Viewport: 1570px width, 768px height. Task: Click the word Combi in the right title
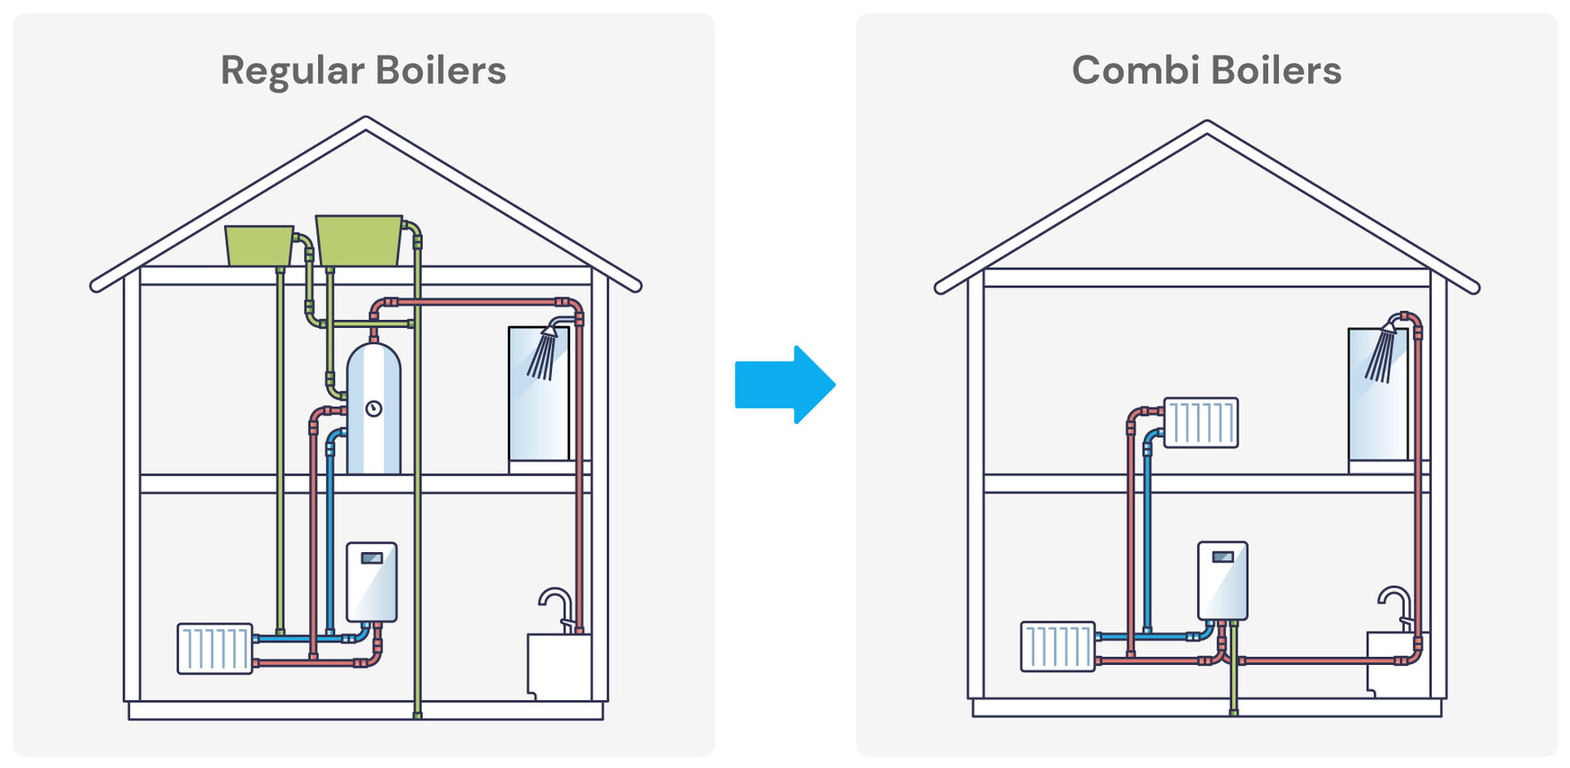[x=1133, y=70]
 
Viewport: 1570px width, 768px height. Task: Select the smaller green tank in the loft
[x=259, y=246]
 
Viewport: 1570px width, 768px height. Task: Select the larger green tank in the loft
[x=359, y=240]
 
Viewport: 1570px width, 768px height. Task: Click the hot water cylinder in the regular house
[x=373, y=411]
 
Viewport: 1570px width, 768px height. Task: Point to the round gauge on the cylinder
[x=373, y=409]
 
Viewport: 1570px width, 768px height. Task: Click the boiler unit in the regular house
[x=371, y=581]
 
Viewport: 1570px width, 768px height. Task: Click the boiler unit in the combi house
[x=1222, y=580]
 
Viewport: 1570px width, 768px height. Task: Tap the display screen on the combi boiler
[x=1222, y=557]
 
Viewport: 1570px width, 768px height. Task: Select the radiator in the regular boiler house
[x=215, y=648]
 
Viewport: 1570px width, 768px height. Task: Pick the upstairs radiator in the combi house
[x=1201, y=422]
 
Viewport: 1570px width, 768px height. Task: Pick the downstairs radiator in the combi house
[x=1058, y=646]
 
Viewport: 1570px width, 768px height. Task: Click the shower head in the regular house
[x=545, y=351]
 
